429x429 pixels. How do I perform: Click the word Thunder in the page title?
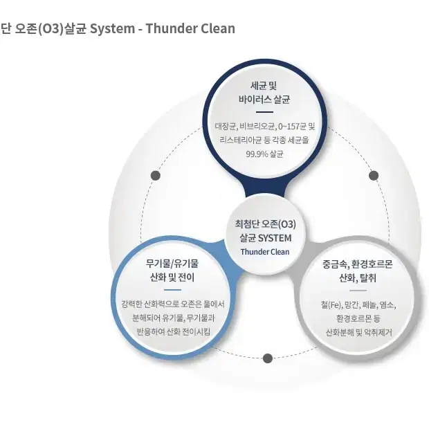170,28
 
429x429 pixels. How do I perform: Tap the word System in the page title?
113,29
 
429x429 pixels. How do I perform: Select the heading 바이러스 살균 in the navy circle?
264,100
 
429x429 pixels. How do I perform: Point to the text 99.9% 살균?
264,154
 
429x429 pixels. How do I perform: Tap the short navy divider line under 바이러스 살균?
264,112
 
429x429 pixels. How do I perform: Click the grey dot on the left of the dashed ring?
156,175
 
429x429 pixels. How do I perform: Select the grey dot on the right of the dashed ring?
374,175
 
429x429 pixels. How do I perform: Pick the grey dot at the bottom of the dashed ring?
268,358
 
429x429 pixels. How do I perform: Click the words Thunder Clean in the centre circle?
265,252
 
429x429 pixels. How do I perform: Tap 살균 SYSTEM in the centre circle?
266,238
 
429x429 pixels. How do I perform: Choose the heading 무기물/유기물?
172,264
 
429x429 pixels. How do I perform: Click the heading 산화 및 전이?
172,277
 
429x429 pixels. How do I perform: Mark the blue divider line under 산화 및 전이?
173,290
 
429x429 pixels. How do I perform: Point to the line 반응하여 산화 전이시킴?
173,331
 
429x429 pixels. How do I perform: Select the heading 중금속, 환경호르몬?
357,264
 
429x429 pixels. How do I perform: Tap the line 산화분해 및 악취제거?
359,332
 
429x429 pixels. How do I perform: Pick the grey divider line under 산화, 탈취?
358,291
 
